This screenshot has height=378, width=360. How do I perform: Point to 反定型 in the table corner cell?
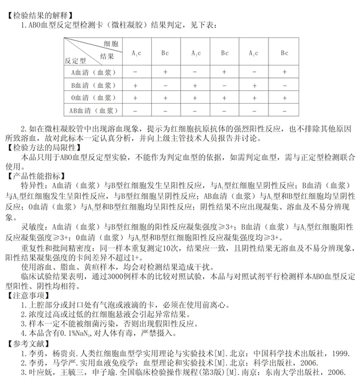click(76, 59)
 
